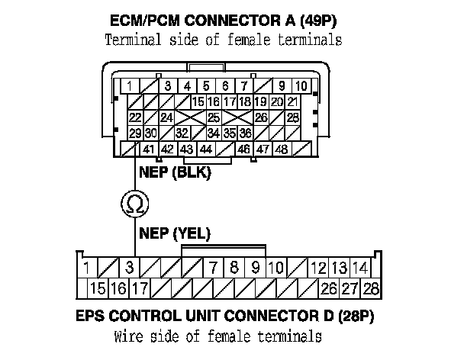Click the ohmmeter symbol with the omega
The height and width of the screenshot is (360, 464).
[x=135, y=203]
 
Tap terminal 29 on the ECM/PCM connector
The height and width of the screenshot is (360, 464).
[x=134, y=133]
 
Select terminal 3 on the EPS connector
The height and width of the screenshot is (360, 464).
[x=130, y=268]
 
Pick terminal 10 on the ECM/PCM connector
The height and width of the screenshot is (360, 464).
[x=302, y=85]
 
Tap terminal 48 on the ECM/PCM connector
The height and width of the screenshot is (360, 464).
[x=281, y=149]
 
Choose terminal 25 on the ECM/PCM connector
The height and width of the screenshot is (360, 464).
[x=214, y=117]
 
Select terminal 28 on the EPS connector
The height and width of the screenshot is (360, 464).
[x=372, y=288]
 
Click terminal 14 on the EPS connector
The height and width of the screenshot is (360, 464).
[x=362, y=268]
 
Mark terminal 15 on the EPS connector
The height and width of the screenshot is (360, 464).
[x=98, y=288]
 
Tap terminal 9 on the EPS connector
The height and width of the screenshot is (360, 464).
[x=256, y=268]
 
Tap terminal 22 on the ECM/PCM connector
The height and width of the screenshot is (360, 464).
[x=134, y=117]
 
